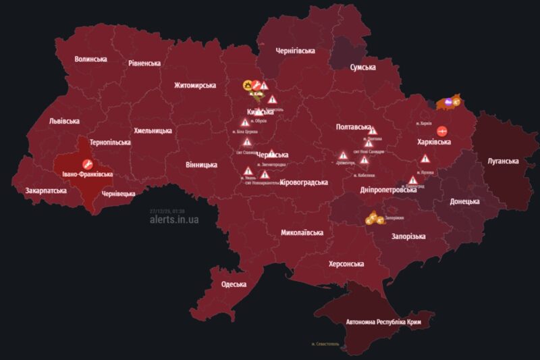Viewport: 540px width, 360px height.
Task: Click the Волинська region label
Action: click(x=90, y=59)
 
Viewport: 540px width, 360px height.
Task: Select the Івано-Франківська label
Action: click(x=87, y=174)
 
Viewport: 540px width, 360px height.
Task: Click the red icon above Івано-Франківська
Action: click(x=87, y=163)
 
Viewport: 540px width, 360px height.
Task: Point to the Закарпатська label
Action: click(x=46, y=191)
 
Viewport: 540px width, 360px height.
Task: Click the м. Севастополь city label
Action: click(x=327, y=344)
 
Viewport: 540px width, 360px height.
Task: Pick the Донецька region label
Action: click(x=464, y=201)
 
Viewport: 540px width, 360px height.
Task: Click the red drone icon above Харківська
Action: click(x=443, y=130)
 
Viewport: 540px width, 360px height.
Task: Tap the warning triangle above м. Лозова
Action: click(x=425, y=159)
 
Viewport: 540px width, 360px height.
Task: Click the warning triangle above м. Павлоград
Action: click(x=412, y=180)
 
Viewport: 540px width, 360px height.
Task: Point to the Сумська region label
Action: click(x=367, y=68)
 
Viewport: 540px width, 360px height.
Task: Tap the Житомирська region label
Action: click(x=194, y=85)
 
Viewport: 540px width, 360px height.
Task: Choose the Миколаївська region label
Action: click(x=302, y=232)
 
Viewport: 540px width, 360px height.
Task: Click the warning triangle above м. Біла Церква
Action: click(x=245, y=122)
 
